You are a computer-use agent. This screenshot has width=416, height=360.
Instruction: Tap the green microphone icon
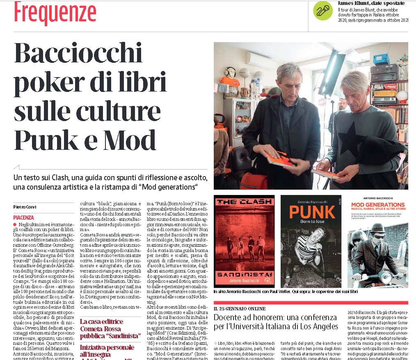point(323,10)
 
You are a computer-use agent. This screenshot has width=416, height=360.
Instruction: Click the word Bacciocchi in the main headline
point(78,54)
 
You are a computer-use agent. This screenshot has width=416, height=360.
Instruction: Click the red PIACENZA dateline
point(23,217)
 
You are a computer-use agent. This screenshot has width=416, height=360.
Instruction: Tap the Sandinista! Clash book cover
point(244,241)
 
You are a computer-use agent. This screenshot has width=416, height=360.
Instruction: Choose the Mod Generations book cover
point(377,241)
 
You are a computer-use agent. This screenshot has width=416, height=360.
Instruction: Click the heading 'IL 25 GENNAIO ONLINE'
point(239,308)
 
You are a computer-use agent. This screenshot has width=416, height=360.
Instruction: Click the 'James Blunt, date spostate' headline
point(370,3)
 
